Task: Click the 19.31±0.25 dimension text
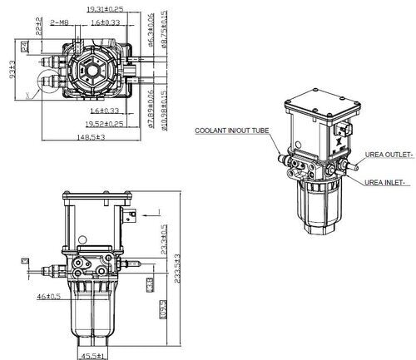(x=105, y=9)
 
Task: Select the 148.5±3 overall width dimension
(x=93, y=137)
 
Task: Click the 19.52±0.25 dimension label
(x=104, y=122)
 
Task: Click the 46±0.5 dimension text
(x=47, y=295)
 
